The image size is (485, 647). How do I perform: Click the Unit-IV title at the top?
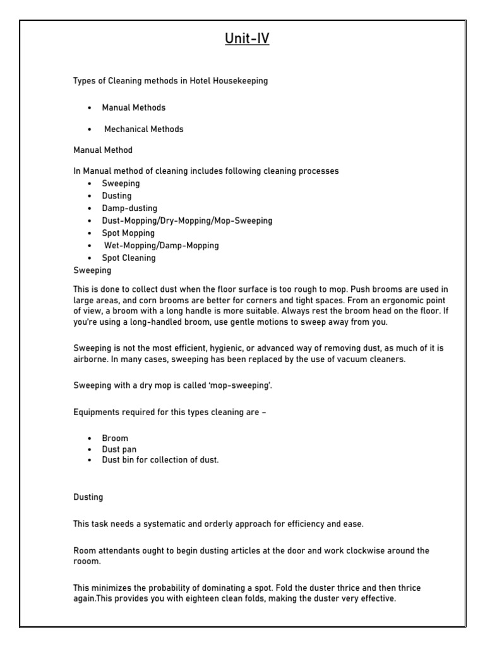coord(247,39)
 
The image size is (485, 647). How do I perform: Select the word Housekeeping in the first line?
coord(242,82)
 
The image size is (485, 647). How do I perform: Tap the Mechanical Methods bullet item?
coord(144,129)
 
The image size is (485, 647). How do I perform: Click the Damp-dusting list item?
coord(129,208)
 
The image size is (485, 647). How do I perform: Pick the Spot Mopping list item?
coord(128,233)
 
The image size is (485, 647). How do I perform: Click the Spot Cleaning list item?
coord(129,258)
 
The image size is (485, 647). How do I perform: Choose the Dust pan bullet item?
coord(119,449)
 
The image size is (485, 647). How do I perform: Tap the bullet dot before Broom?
coord(90,438)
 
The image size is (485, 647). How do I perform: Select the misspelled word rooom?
coord(86,561)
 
